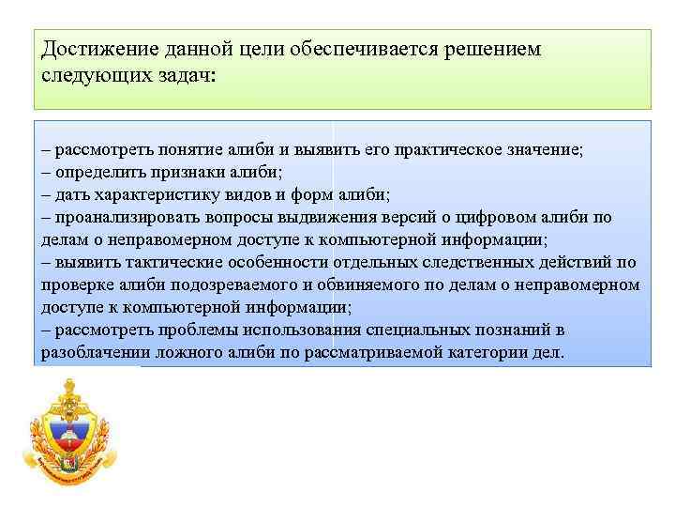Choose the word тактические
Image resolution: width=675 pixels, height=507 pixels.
point(159,263)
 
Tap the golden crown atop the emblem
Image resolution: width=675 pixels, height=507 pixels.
point(70,385)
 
